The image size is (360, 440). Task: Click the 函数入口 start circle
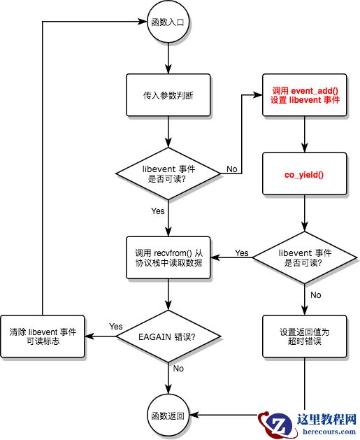(168, 22)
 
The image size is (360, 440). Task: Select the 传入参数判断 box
(168, 94)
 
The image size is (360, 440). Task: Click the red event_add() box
(305, 94)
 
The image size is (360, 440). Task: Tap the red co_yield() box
(305, 172)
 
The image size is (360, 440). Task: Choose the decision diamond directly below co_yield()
(305, 258)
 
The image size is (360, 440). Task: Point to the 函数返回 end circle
(168, 415)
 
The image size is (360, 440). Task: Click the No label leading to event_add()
(231, 169)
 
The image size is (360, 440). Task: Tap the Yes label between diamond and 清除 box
(116, 327)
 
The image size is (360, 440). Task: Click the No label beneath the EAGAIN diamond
(178, 368)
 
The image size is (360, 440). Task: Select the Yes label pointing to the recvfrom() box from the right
(241, 253)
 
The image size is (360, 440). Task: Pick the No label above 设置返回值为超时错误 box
(315, 295)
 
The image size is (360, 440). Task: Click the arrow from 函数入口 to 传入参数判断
(168, 55)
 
